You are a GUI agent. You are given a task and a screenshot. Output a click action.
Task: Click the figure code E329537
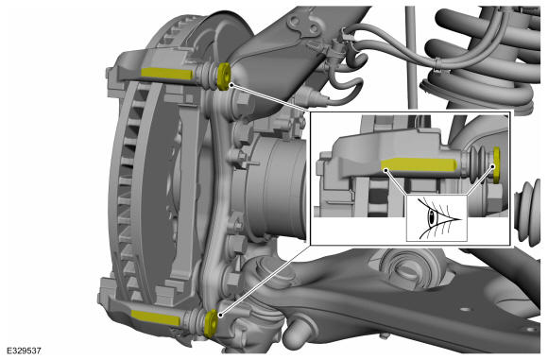coord(24,351)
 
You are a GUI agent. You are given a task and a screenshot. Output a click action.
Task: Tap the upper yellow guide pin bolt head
coord(223,76)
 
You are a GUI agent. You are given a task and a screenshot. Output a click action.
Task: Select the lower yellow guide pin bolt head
coord(211,323)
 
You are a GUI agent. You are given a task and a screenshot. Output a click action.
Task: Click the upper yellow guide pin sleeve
coord(166,74)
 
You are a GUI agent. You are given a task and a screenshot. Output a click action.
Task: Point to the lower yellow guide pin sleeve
coord(155,317)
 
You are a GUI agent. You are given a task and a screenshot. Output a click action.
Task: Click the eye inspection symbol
coord(437,218)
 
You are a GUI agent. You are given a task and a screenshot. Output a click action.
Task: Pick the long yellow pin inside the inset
coord(420,164)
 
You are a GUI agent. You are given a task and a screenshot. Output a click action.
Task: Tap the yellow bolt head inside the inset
coord(496,164)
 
